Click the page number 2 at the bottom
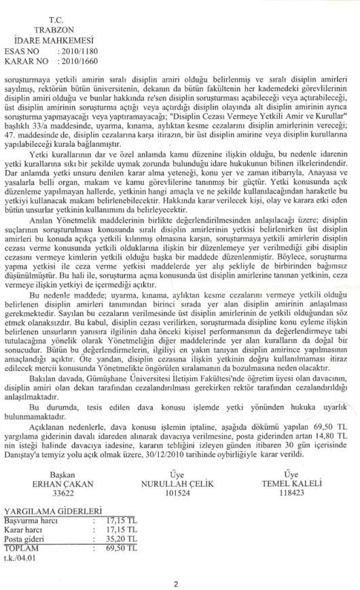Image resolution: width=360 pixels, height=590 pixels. (175, 583)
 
